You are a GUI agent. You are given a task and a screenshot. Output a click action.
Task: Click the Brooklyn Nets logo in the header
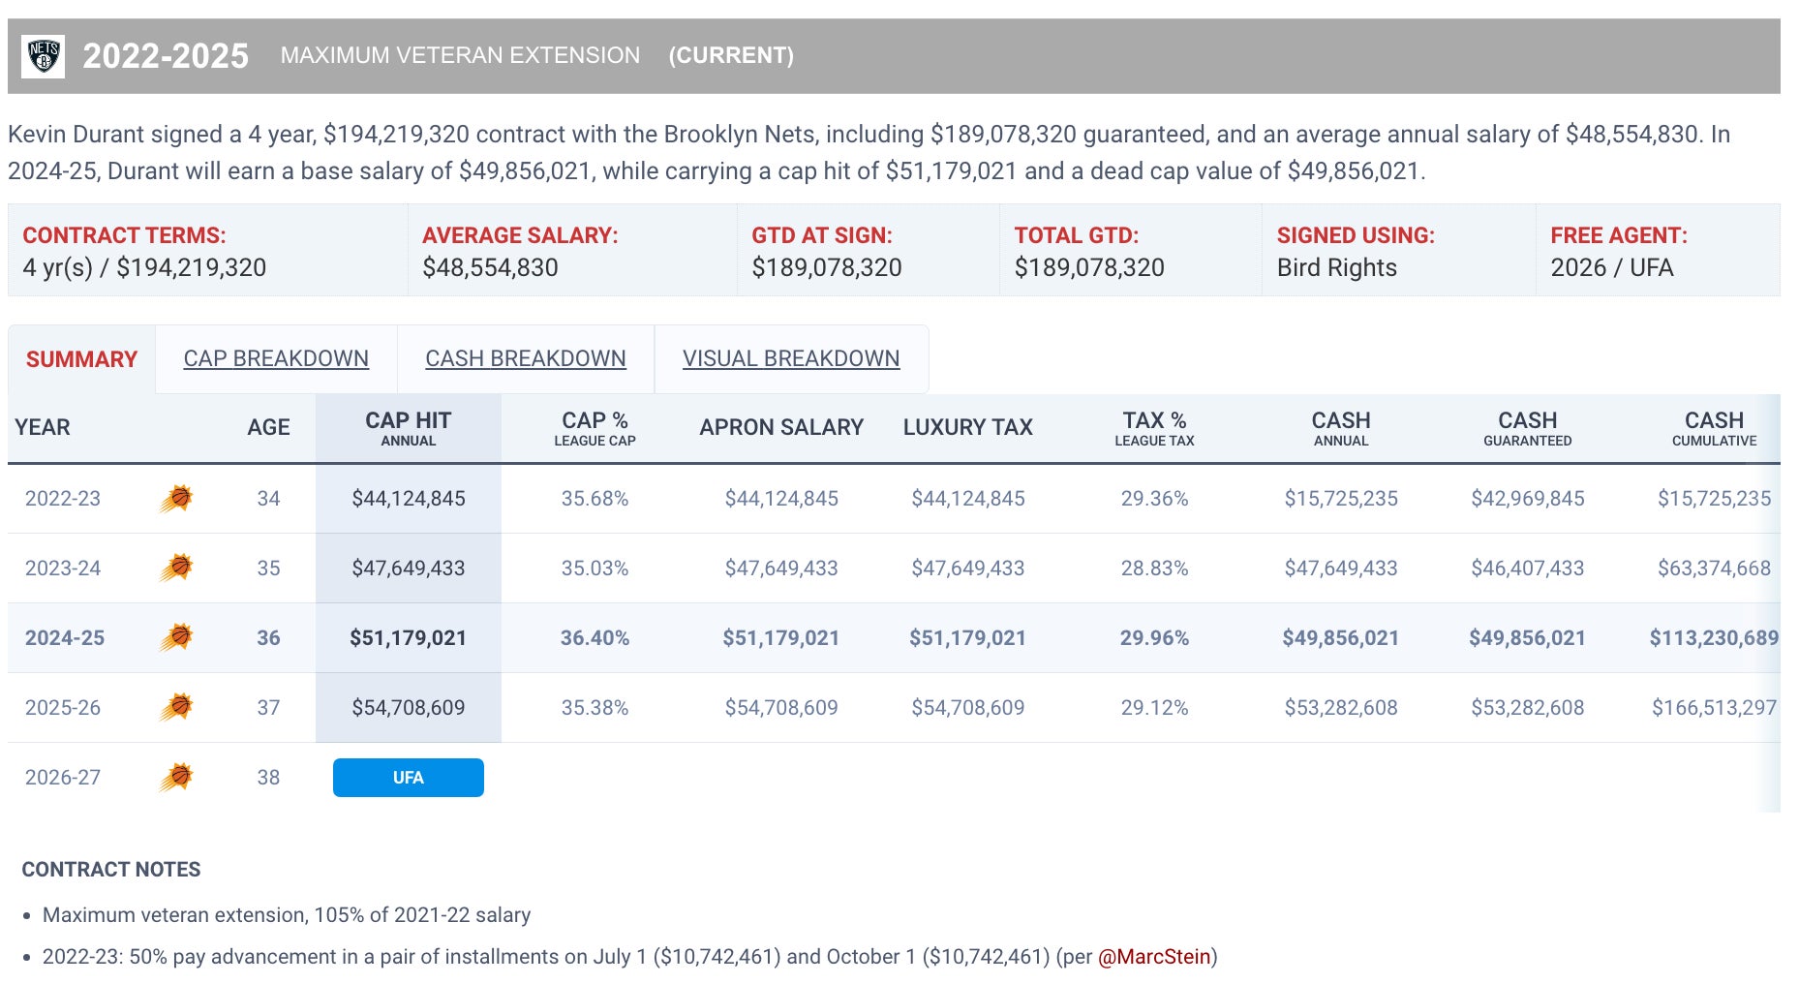pyautogui.click(x=44, y=56)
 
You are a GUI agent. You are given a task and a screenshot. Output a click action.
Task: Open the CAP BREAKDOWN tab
pyautogui.click(x=276, y=358)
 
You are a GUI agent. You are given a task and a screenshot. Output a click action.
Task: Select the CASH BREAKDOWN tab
pyautogui.click(x=525, y=358)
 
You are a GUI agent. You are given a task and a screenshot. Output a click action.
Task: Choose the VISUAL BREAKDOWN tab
pyautogui.click(x=790, y=358)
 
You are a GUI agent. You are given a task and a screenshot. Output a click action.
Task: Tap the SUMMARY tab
pyautogui.click(x=81, y=359)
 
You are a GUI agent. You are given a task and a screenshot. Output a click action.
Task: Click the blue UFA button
pyautogui.click(x=408, y=778)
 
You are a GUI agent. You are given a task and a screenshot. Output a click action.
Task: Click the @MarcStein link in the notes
pyautogui.click(x=1154, y=957)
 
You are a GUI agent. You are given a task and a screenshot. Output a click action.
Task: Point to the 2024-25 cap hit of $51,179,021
pyautogui.click(x=408, y=638)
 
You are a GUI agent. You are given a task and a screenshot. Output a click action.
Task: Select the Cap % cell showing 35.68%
pyautogui.click(x=595, y=499)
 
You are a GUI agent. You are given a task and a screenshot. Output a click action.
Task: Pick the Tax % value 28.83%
pyautogui.click(x=1154, y=569)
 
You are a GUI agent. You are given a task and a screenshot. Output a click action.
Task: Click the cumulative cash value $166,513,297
pyautogui.click(x=1713, y=708)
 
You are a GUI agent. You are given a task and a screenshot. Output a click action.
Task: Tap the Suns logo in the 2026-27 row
pyautogui.click(x=176, y=777)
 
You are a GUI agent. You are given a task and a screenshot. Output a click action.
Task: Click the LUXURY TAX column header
pyautogui.click(x=967, y=427)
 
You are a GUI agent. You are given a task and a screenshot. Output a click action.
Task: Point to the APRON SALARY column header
pyautogui.click(x=781, y=427)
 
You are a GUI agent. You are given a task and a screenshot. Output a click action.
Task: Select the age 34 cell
pyautogui.click(x=268, y=499)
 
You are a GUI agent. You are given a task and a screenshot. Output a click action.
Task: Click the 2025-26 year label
pyautogui.click(x=63, y=708)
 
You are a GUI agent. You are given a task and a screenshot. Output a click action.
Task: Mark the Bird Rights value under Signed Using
pyautogui.click(x=1336, y=268)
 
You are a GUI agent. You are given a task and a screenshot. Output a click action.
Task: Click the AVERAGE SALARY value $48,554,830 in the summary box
pyautogui.click(x=490, y=268)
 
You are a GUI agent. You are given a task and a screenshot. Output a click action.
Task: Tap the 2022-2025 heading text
pyautogui.click(x=166, y=56)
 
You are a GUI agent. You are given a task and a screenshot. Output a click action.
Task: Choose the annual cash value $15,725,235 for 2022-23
pyautogui.click(x=1340, y=499)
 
